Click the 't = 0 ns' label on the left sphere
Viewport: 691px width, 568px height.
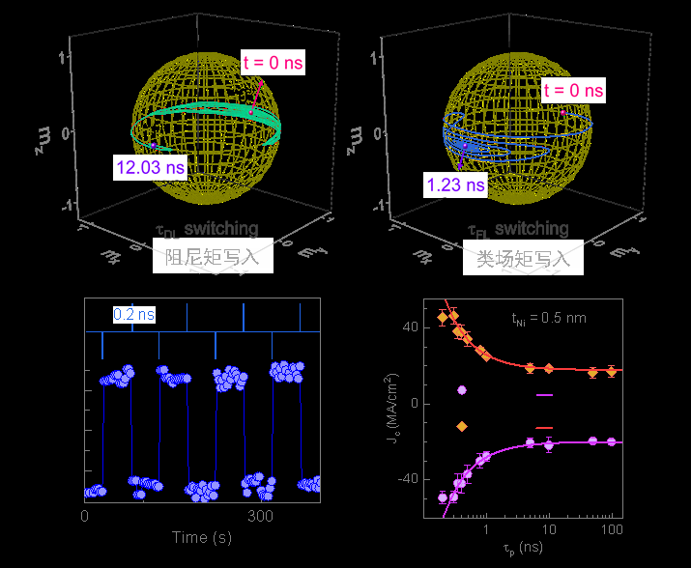click(x=273, y=64)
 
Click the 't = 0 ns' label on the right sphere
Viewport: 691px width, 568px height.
click(x=573, y=91)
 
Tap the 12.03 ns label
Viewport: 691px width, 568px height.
click(x=150, y=168)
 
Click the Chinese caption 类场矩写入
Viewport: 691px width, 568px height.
click(x=523, y=259)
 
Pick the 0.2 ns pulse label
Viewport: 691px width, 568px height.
click(x=134, y=314)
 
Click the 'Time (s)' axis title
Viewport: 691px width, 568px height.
click(x=203, y=537)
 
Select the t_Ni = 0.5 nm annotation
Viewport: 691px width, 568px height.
click(x=548, y=317)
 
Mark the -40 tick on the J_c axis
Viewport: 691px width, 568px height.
click(x=405, y=479)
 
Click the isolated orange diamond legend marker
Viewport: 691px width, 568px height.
click(x=462, y=426)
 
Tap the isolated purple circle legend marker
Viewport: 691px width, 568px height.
click(x=462, y=390)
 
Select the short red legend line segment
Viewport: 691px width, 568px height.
click(x=545, y=427)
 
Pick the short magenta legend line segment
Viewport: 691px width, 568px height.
click(x=545, y=395)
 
